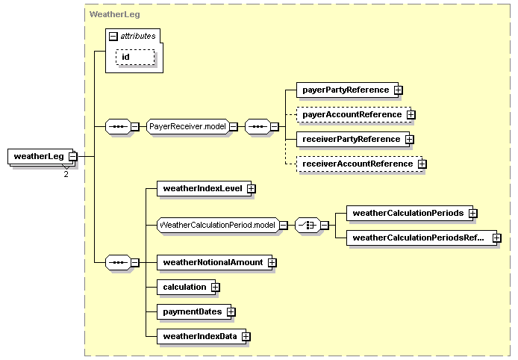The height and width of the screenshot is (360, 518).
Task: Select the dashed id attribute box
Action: click(x=135, y=58)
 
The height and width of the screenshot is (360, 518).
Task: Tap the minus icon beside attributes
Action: click(x=113, y=37)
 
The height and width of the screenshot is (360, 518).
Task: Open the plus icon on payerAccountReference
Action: click(x=411, y=115)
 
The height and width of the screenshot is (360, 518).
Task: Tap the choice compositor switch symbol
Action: click(x=308, y=225)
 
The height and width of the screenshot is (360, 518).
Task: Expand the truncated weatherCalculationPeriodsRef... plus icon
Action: click(x=497, y=238)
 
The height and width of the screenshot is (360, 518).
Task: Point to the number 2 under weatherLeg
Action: click(x=66, y=174)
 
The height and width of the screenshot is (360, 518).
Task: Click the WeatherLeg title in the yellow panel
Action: click(x=115, y=14)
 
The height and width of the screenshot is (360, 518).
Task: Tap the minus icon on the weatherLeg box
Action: click(x=73, y=156)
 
